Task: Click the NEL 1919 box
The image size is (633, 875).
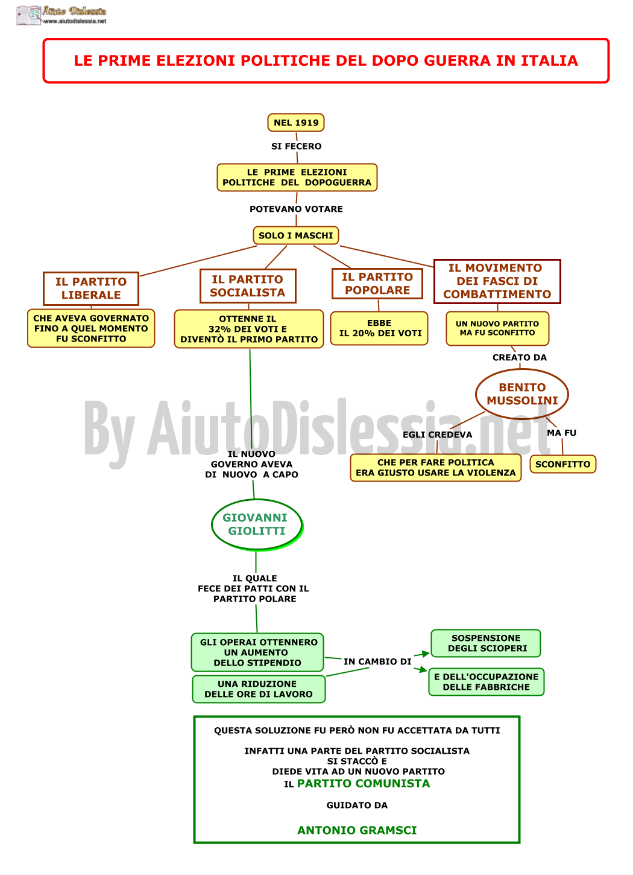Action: point(295,122)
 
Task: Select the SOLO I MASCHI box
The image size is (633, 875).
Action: point(295,235)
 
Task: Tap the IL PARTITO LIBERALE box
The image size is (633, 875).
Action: point(91,288)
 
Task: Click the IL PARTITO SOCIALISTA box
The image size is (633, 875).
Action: point(248,286)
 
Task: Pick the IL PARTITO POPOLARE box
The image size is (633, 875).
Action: point(377,284)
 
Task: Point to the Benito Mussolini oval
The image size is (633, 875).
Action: point(522,393)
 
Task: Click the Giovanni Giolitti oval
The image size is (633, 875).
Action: point(257,524)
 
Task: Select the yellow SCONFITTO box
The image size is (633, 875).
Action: point(562,464)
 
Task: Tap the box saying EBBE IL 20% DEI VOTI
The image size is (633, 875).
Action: point(379,328)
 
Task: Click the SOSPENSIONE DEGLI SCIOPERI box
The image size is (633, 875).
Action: point(485,643)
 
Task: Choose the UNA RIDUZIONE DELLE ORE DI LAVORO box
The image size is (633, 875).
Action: point(259,689)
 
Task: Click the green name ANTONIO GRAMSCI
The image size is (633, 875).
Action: point(357,830)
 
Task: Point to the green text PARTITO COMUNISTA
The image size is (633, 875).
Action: point(364,783)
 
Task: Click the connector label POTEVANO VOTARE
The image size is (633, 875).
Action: point(296,209)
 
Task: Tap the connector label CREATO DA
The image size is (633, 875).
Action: point(520,357)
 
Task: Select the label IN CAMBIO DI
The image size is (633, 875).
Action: point(377,661)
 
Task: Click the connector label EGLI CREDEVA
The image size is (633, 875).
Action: point(437,434)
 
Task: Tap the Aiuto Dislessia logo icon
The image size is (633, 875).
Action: point(28,16)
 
